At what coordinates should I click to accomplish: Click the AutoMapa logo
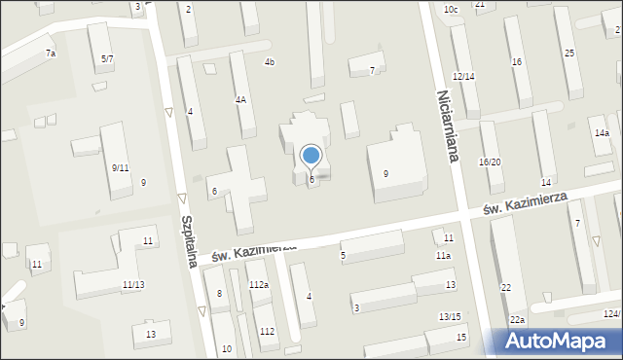[x=560, y=341]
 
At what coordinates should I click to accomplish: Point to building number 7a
[x=50, y=54]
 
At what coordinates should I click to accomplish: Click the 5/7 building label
[x=107, y=59]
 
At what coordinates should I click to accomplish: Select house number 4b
[x=270, y=62]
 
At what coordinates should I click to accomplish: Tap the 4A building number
[x=240, y=99]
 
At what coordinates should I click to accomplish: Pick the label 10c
[x=450, y=10]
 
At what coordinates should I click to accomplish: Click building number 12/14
[x=463, y=76]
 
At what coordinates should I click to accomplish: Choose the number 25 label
[x=568, y=53]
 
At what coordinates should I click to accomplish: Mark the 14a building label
[x=602, y=132]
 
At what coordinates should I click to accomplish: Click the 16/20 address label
[x=490, y=162]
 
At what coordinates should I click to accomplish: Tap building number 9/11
[x=121, y=167]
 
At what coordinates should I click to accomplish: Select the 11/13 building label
[x=133, y=284]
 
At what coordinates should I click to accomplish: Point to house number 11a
[x=443, y=255]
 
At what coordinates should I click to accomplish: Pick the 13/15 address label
[x=450, y=317]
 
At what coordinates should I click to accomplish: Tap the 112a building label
[x=258, y=284]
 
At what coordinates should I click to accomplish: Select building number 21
[x=480, y=5]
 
